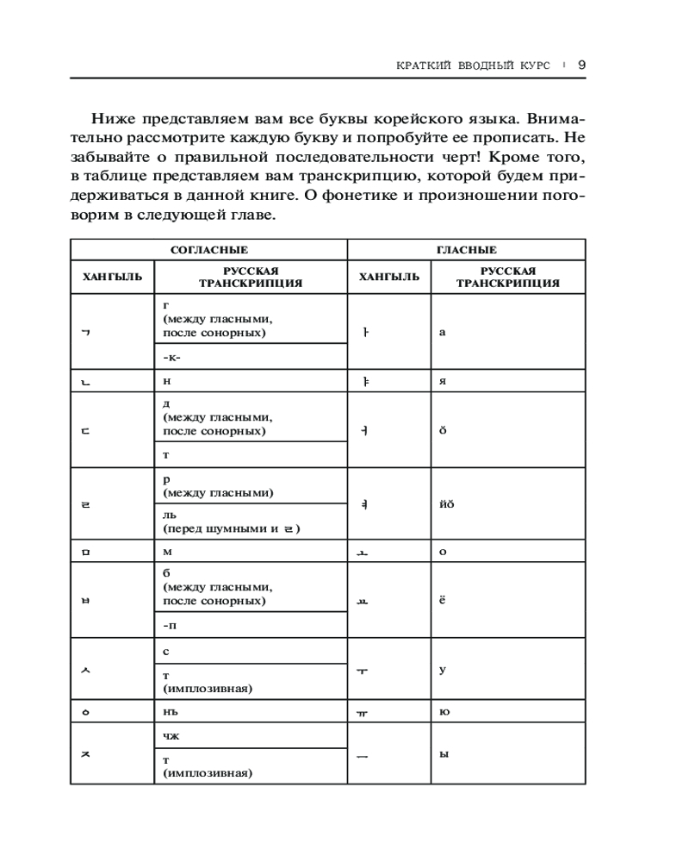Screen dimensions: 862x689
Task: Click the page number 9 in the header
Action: tap(581, 65)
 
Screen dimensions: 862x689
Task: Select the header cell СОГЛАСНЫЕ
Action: tap(209, 250)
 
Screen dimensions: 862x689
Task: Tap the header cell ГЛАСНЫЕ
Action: tap(466, 250)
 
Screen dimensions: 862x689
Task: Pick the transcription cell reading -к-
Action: tap(171, 357)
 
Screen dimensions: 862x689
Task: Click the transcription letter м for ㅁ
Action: tap(167, 552)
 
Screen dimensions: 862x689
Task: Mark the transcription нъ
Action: tap(170, 712)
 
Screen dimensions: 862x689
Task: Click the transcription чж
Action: tap(170, 735)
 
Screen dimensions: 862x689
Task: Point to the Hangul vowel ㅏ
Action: tap(365, 334)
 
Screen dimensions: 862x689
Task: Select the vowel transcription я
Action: tap(442, 381)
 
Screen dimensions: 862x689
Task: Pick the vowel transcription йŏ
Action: tap(446, 503)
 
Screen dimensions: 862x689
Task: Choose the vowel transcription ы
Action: tap(444, 754)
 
